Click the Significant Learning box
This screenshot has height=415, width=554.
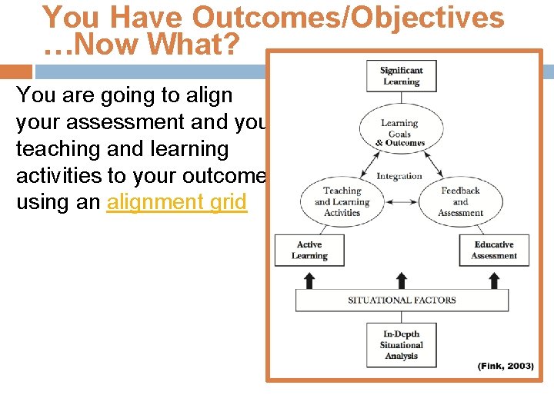click(x=401, y=76)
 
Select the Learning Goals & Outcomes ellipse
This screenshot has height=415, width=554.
click(x=399, y=133)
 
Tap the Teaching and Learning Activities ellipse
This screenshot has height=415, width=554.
click(x=342, y=201)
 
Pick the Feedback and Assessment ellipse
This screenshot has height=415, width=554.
click(x=460, y=201)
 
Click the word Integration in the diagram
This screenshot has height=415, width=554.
click(x=399, y=176)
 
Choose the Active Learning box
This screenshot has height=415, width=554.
click(x=309, y=251)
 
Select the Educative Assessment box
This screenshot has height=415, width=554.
click(x=493, y=251)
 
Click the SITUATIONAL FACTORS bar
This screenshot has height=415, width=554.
click(x=402, y=300)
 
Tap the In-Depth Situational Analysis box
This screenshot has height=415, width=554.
click(x=401, y=345)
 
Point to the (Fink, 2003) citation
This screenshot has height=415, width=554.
click(x=505, y=366)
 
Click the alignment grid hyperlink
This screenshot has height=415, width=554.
click(x=177, y=202)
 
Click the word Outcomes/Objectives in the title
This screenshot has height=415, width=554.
click(x=349, y=18)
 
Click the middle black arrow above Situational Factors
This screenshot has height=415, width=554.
click(x=401, y=279)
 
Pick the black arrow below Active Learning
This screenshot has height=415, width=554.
click(x=309, y=279)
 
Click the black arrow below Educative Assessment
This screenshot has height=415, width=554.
click(x=493, y=279)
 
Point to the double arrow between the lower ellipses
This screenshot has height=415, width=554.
click(x=401, y=202)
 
